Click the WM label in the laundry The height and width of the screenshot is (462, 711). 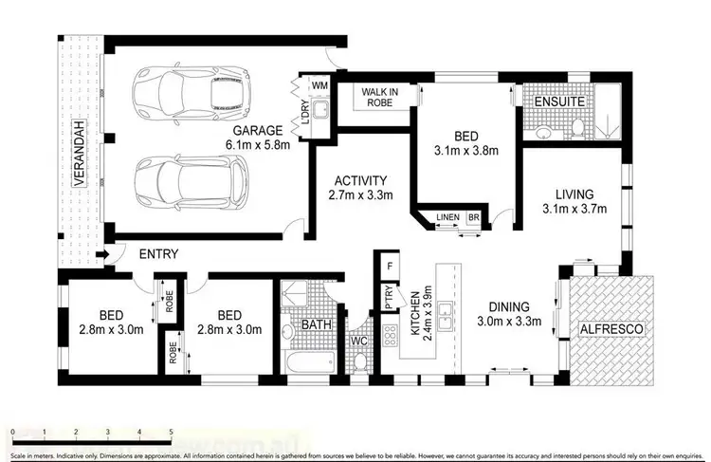[x=319, y=86]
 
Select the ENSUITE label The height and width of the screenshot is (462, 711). [x=558, y=101]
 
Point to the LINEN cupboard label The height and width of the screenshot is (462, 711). [x=447, y=218]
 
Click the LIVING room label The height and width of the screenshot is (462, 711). [x=574, y=192]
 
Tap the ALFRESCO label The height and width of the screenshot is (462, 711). [x=611, y=328]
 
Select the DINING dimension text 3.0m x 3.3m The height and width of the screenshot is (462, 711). [x=508, y=322]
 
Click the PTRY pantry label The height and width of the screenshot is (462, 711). [x=389, y=299]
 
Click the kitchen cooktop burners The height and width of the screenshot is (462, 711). [x=389, y=337]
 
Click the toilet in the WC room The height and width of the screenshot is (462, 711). [x=358, y=361]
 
